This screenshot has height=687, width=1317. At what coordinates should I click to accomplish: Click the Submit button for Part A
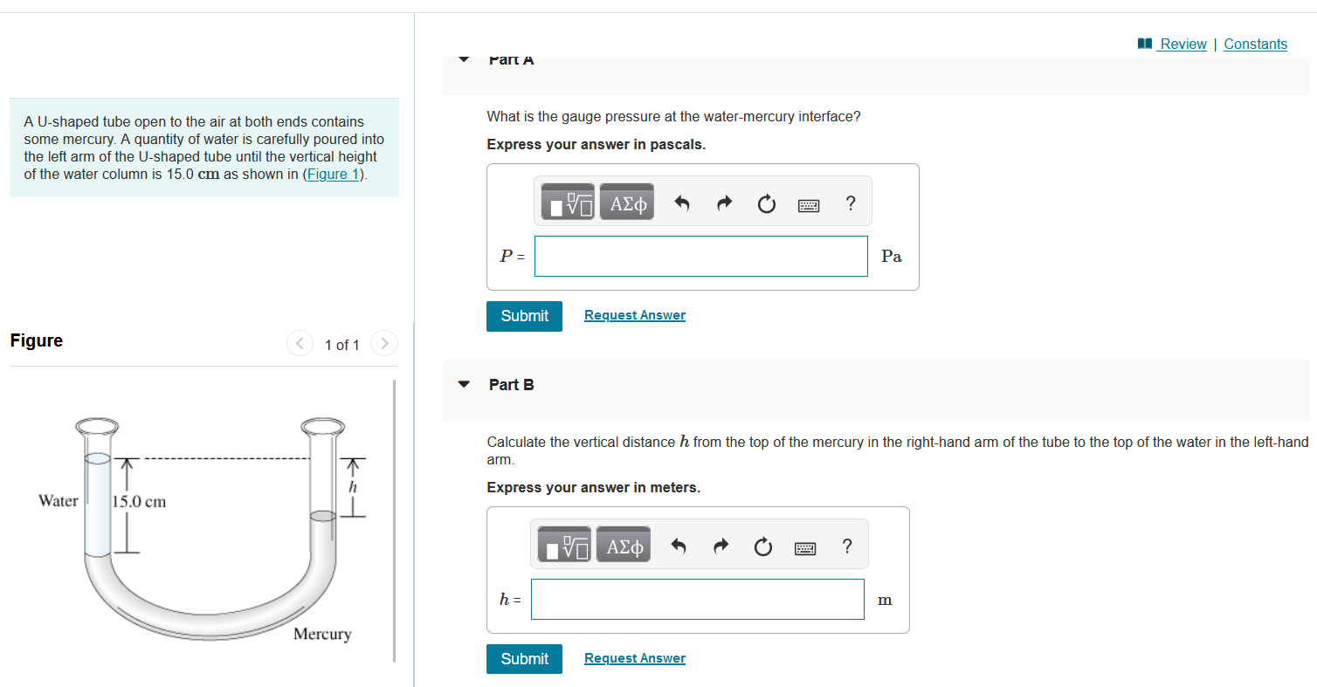click(x=524, y=316)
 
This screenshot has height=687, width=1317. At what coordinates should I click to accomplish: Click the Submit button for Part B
click(x=524, y=659)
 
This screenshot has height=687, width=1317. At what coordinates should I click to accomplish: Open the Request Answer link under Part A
click(x=634, y=315)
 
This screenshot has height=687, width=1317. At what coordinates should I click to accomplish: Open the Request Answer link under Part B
click(x=634, y=658)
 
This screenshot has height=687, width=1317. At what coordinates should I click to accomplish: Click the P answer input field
click(x=700, y=257)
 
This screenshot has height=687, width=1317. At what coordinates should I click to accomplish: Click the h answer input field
click(x=697, y=600)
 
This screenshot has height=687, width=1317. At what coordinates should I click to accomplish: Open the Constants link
click(x=1255, y=44)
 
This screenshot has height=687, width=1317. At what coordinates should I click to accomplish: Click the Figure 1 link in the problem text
click(x=333, y=175)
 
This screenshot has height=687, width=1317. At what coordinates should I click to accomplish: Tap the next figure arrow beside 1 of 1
click(x=384, y=343)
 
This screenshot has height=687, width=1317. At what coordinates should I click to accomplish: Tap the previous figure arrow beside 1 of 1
click(x=300, y=343)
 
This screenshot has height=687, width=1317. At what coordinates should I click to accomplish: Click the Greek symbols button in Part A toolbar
click(x=627, y=203)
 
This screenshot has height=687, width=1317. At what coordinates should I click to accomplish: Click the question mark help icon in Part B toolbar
click(x=846, y=546)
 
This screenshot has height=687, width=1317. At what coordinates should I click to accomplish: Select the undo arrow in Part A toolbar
click(x=681, y=203)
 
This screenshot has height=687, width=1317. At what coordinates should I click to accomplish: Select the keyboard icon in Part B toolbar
click(x=805, y=548)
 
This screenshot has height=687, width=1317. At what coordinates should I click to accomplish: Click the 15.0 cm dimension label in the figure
click(x=140, y=502)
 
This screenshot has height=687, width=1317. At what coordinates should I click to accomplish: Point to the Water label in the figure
click(x=59, y=501)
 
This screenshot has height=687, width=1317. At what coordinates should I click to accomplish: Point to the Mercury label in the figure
click(x=322, y=634)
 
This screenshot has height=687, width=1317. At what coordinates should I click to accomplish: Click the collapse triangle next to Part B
click(x=464, y=384)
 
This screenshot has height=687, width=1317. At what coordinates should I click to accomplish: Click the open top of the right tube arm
click(x=323, y=426)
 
